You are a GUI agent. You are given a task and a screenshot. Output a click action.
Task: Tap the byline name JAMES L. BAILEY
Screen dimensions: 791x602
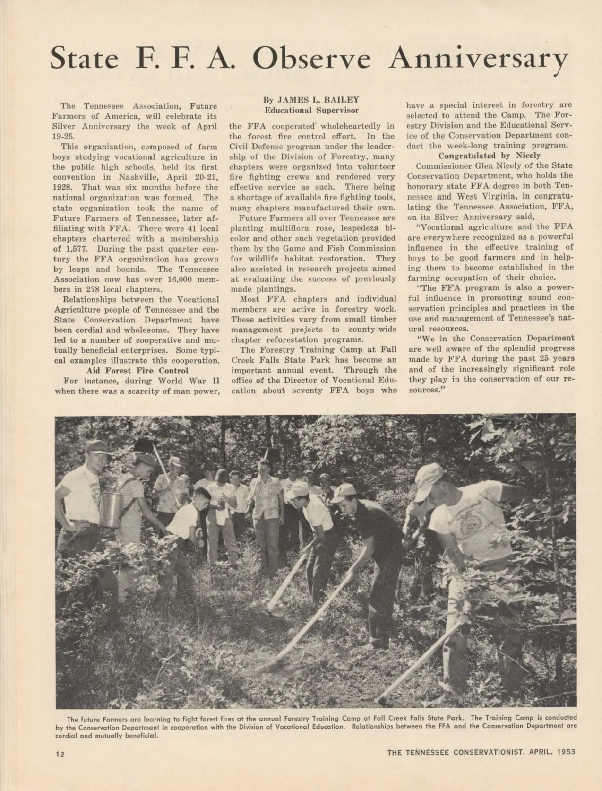312,100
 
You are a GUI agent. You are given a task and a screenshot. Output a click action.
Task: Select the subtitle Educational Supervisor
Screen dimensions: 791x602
312,110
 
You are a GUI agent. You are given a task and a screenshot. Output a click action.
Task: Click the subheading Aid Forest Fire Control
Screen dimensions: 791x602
137,370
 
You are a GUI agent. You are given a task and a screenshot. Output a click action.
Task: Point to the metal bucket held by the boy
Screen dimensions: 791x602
111,509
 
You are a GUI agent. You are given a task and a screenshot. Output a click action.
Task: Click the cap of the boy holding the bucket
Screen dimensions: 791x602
96,446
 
